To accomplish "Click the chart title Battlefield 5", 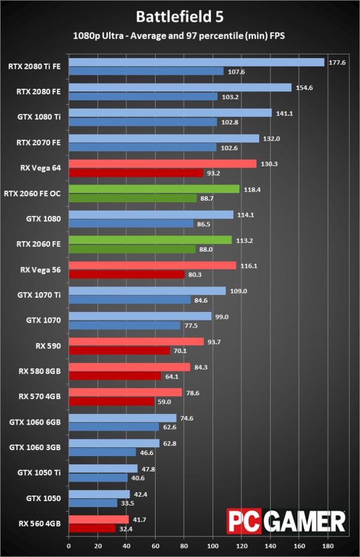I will click(x=179, y=17).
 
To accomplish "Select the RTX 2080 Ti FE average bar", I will click(x=196, y=62).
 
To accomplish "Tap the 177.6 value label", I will click(x=336, y=62).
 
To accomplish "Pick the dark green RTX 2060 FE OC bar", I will click(x=132, y=198).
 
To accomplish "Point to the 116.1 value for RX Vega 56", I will click(x=248, y=266).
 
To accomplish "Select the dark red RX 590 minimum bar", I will click(x=119, y=351).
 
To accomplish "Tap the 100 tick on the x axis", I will click(x=213, y=546).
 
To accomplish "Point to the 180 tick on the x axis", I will click(x=328, y=546).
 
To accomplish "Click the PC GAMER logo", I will click(x=286, y=521).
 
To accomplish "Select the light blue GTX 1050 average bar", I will click(x=99, y=494).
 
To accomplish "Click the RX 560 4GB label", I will click(x=40, y=523).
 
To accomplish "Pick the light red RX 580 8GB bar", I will click(x=129, y=367).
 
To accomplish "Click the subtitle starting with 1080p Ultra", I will click(x=179, y=36).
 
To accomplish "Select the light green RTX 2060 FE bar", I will click(x=150, y=240).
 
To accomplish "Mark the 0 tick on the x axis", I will click(x=69, y=546).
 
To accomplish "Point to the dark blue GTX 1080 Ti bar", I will click(x=142, y=122).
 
